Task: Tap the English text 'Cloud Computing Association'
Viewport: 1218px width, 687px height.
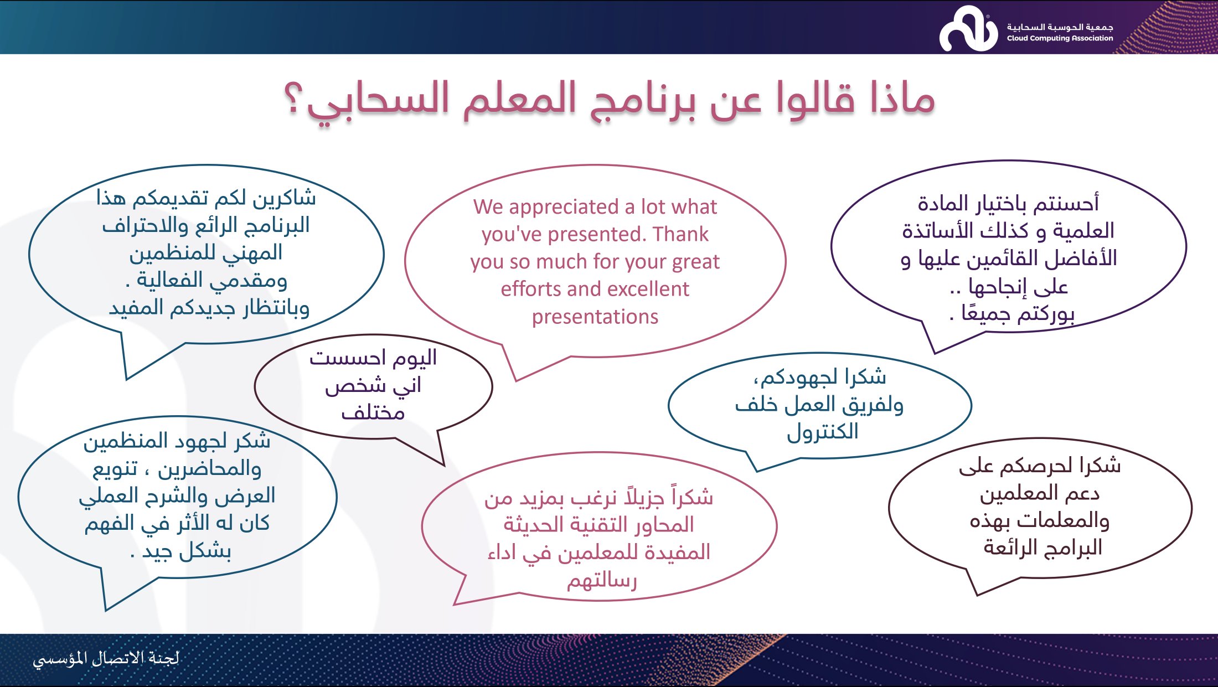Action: point(1060,38)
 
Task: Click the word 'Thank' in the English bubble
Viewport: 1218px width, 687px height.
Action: point(680,234)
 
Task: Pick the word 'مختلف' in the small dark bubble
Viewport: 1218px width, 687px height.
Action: point(373,413)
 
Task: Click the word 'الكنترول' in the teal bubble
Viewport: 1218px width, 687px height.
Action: point(823,431)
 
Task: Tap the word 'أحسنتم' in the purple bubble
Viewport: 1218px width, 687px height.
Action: point(1063,203)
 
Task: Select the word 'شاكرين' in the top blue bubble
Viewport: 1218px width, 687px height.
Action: point(284,198)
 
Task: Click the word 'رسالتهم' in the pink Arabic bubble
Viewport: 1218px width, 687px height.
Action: point(602,581)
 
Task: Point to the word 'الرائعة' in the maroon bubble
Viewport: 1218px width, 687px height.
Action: point(1013,547)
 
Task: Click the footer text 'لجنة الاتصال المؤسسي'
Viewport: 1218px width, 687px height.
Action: point(106,658)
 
